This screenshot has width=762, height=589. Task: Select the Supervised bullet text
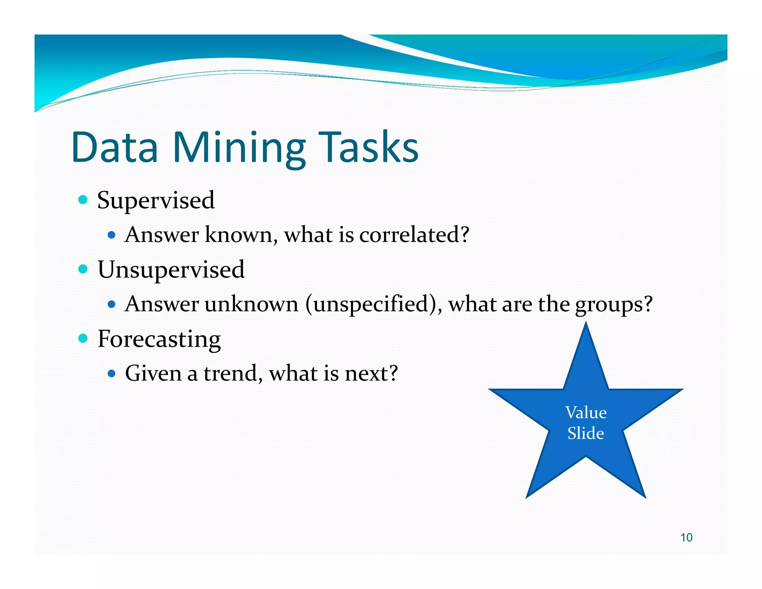point(156,200)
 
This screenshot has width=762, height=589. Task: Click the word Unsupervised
point(171,270)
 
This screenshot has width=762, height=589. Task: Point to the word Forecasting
point(159,339)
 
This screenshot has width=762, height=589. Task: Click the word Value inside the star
point(586,413)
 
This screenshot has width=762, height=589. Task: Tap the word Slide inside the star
point(586,433)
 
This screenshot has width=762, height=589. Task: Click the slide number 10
point(686,538)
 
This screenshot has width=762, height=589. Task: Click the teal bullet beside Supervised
point(83,200)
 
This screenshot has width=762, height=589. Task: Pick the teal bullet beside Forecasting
point(83,338)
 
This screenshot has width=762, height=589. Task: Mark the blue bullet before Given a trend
point(111,373)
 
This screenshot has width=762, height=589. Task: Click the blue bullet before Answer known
point(111,235)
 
